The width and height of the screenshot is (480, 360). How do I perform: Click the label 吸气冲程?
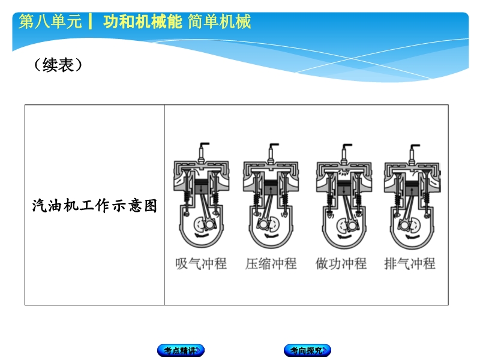pos(201,263)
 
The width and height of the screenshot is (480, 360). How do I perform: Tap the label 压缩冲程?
pos(271,263)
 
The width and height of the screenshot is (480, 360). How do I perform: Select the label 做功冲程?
pos(341,263)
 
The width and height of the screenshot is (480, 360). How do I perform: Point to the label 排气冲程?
pos(410,263)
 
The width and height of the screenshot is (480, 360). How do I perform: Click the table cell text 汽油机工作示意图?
pos(95,205)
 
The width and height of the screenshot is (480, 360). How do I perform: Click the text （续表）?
pos(58,65)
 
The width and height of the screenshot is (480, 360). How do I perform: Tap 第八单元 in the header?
pos(50,22)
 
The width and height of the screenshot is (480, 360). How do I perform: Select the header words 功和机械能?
pos(143,22)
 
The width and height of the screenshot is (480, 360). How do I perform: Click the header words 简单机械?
pos(220,22)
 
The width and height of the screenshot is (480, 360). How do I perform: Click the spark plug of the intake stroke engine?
pos(202,152)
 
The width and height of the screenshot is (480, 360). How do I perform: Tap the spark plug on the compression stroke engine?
pos(272,154)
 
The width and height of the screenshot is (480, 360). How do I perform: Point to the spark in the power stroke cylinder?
pos(344,173)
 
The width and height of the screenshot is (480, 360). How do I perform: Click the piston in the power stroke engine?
pos(344,187)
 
